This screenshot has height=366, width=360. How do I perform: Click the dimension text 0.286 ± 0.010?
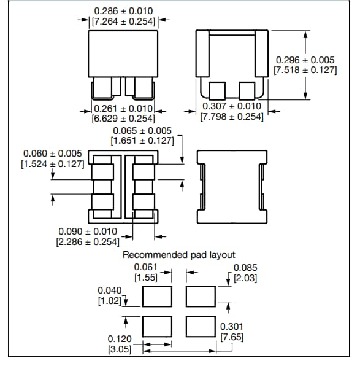coord(123,11)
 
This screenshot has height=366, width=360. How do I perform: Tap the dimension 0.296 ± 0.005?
coord(305,60)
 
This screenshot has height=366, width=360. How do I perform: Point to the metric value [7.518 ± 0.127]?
coord(305,71)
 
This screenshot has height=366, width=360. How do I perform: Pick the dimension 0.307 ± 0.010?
coord(232,106)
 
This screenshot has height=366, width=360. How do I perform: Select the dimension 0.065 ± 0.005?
coord(142,131)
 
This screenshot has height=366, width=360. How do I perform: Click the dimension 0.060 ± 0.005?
coord(52,154)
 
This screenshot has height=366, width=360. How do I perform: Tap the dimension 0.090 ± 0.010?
coord(88,231)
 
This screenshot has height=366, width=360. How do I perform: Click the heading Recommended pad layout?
coord(179,254)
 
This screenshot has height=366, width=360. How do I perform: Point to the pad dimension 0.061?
coord(146,268)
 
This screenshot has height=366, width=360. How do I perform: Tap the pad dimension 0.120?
coord(120,339)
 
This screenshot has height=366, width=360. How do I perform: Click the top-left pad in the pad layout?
coord(156,297)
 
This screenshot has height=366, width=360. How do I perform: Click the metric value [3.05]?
coord(120,349)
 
